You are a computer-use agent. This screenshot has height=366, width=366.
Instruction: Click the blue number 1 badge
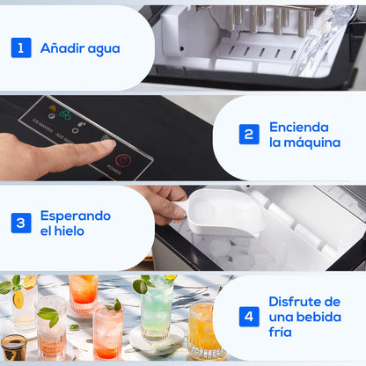[x=21, y=48]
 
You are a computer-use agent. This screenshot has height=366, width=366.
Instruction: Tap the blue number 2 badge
[x=250, y=134]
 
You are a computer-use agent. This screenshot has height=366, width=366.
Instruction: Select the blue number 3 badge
[x=21, y=223]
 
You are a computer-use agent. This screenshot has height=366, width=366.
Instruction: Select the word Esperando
[x=76, y=215]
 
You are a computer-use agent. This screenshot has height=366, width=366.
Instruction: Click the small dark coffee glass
[x=13, y=346]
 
